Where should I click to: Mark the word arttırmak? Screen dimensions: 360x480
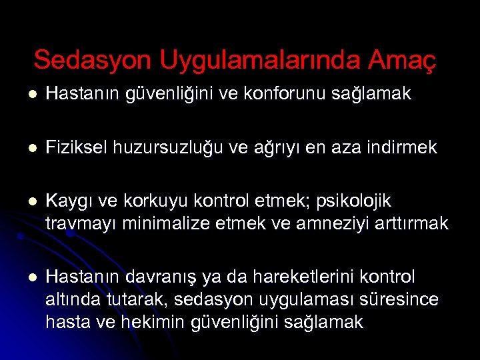[413, 223]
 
